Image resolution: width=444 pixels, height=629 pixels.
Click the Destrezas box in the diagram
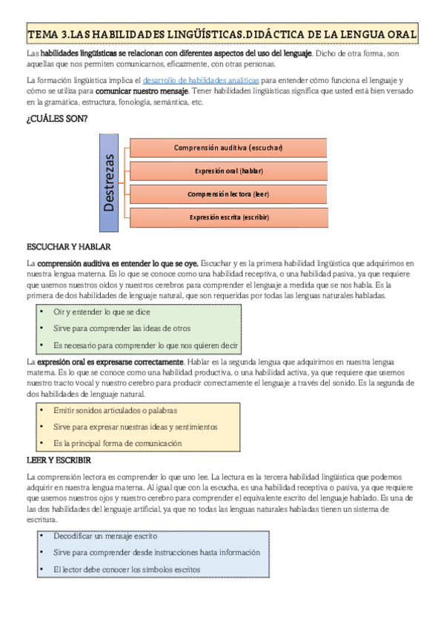click(110, 182)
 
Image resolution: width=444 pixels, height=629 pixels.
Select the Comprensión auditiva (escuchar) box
click(228, 148)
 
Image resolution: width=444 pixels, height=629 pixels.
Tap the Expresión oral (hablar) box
click(228, 171)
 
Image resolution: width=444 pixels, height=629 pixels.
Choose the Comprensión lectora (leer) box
click(228, 194)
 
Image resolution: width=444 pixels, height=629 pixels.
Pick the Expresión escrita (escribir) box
click(228, 217)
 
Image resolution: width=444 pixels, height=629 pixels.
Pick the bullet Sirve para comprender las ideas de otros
click(122, 328)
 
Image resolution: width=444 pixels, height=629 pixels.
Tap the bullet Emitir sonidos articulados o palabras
click(115, 410)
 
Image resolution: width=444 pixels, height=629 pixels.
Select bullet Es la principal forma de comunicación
click(117, 443)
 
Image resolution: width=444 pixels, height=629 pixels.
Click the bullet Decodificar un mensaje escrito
click(105, 535)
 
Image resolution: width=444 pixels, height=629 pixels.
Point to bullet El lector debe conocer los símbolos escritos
click(127, 570)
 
